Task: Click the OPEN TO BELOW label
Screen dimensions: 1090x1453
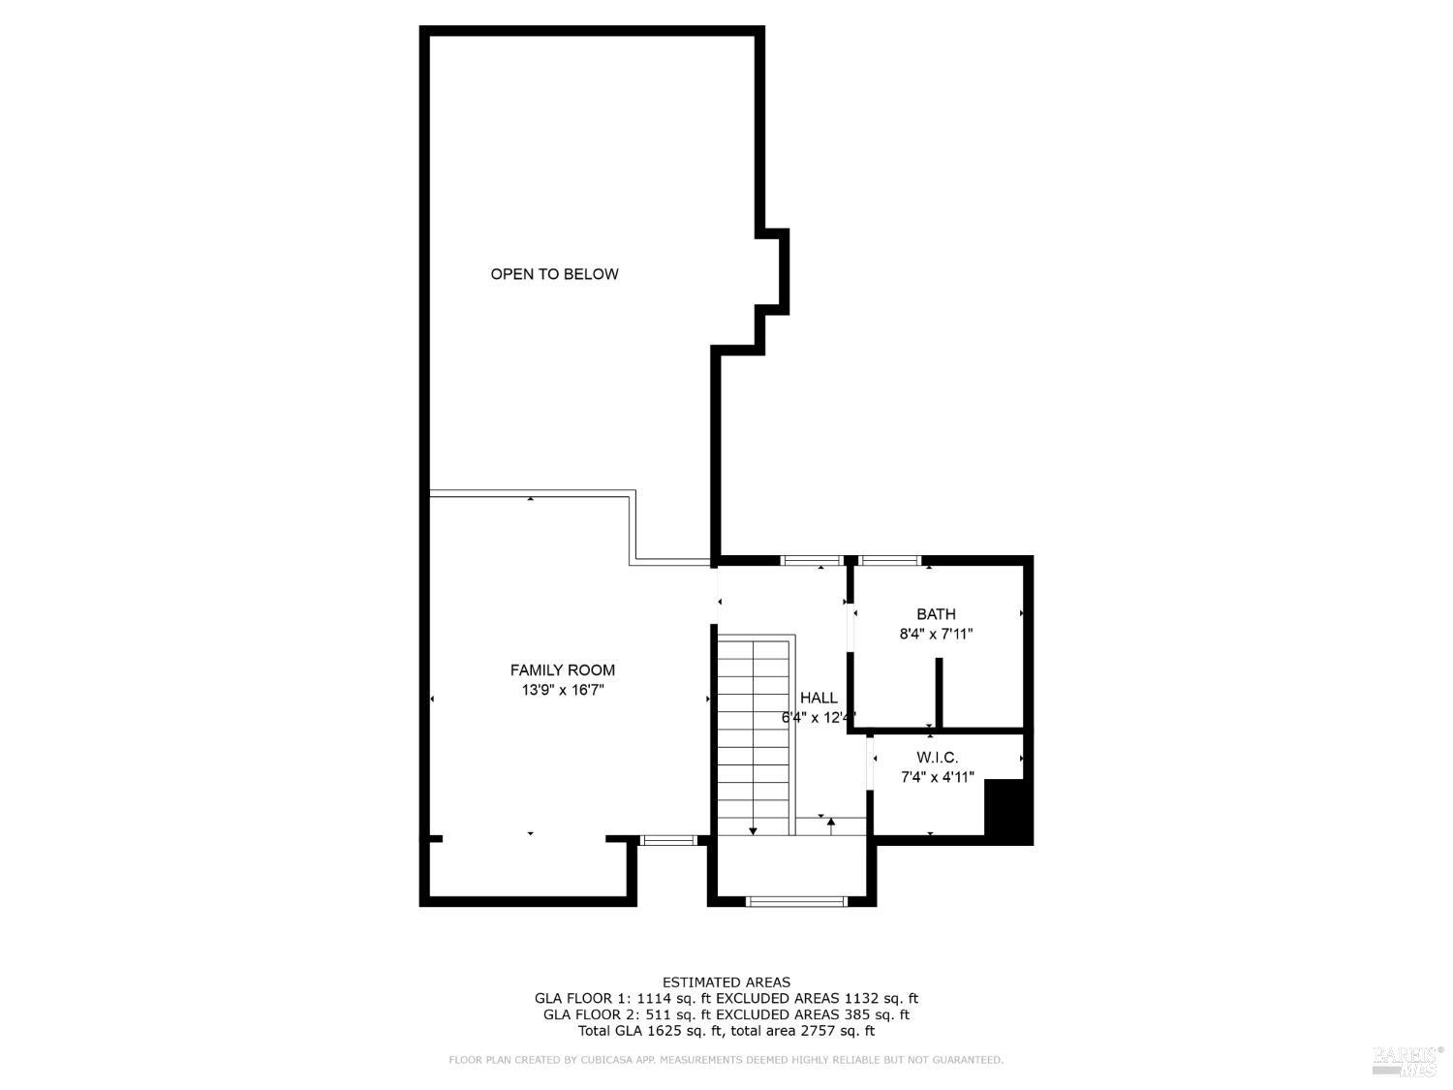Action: point(554,274)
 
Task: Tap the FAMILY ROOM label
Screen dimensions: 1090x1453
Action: point(562,670)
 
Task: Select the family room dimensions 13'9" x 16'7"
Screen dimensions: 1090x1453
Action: point(562,691)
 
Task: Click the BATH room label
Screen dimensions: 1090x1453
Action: point(936,614)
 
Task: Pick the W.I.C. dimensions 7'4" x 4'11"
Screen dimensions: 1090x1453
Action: point(937,777)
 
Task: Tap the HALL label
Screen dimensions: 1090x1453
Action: point(819,698)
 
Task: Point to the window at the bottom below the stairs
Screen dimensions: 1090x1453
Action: point(796,901)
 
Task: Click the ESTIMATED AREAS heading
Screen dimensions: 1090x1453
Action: point(726,982)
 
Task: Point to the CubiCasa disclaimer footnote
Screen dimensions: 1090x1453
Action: point(726,1061)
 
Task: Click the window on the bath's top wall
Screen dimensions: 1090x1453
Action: point(889,559)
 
